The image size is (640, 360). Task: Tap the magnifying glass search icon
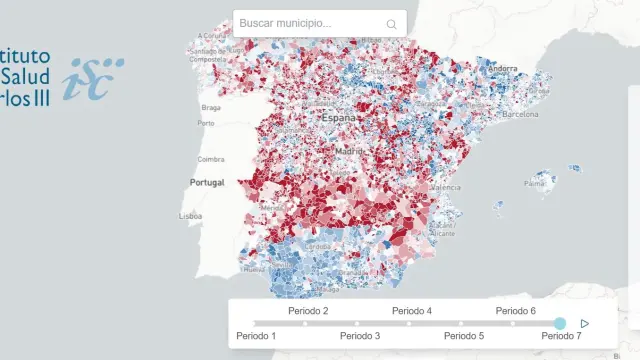391,24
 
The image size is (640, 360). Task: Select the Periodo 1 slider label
256,336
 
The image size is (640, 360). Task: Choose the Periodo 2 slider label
308,311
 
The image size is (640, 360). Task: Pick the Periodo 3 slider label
360,336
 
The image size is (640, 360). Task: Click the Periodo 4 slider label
412,311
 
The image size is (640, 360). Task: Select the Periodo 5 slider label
464,336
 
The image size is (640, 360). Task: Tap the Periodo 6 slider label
516,311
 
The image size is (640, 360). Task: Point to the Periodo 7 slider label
560,336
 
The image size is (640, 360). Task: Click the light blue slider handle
560,323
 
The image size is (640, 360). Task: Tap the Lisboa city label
192,216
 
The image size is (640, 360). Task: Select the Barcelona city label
519,115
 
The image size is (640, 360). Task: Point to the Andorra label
503,69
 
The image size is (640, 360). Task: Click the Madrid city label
350,151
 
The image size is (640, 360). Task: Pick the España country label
338,118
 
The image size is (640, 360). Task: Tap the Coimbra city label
211,159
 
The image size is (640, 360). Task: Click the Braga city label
210,107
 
